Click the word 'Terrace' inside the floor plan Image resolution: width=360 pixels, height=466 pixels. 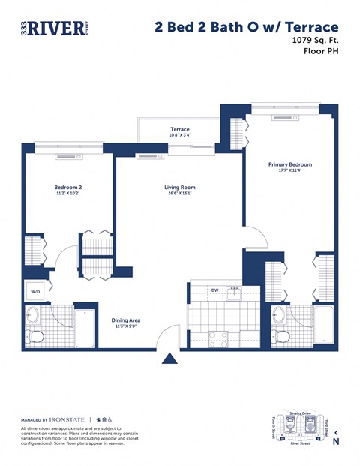tap(179, 130)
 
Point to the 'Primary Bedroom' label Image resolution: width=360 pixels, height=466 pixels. tap(289, 164)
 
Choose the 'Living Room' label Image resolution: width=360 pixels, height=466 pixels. tap(180, 188)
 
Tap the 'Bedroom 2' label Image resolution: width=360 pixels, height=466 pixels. tap(67, 187)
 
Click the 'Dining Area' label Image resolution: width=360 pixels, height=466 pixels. tap(126, 320)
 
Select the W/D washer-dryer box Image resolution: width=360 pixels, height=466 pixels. tap(35, 292)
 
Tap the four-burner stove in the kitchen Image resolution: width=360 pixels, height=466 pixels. tap(218, 339)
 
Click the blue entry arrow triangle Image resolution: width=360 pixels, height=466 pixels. tap(170, 359)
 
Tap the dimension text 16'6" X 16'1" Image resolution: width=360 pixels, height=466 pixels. tap(180, 194)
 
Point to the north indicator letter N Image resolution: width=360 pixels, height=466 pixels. tap(337, 442)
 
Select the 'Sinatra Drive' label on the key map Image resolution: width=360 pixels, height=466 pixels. tap(300, 413)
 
